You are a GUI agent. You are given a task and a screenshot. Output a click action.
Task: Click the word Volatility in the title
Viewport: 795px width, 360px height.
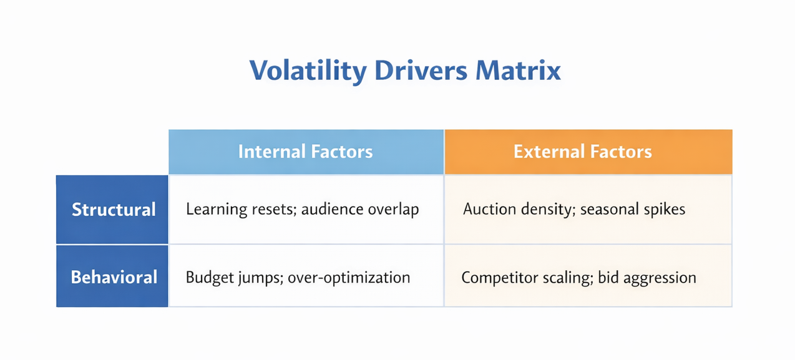(308, 71)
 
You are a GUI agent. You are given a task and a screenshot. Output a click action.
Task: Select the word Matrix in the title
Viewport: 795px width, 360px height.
(518, 71)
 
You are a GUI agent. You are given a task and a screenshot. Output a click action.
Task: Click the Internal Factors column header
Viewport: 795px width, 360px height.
(306, 152)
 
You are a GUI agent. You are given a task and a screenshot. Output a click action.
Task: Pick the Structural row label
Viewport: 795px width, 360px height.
(113, 210)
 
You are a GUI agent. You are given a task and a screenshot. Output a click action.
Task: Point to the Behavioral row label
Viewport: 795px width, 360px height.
(114, 277)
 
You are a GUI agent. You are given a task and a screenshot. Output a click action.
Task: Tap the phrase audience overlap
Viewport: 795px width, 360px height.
(360, 210)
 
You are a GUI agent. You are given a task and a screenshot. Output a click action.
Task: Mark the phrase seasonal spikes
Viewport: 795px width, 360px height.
(633, 210)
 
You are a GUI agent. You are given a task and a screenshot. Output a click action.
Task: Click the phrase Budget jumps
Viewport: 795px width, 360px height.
(235, 278)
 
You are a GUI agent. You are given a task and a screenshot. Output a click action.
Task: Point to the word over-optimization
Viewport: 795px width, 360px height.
(349, 278)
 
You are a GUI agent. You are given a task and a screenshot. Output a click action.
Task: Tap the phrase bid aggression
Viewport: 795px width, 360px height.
(647, 278)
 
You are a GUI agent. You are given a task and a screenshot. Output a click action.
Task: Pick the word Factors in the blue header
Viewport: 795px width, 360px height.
(341, 152)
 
